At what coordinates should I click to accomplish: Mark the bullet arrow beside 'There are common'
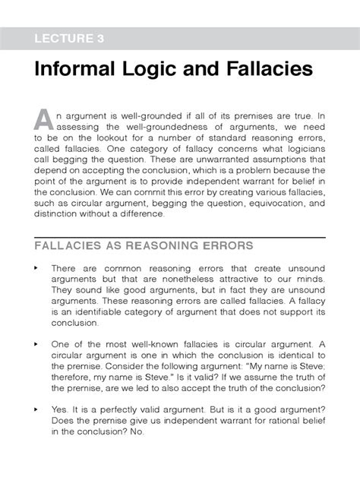point(36,269)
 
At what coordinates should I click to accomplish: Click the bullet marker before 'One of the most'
point(36,344)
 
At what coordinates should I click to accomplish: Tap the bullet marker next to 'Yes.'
point(36,408)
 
